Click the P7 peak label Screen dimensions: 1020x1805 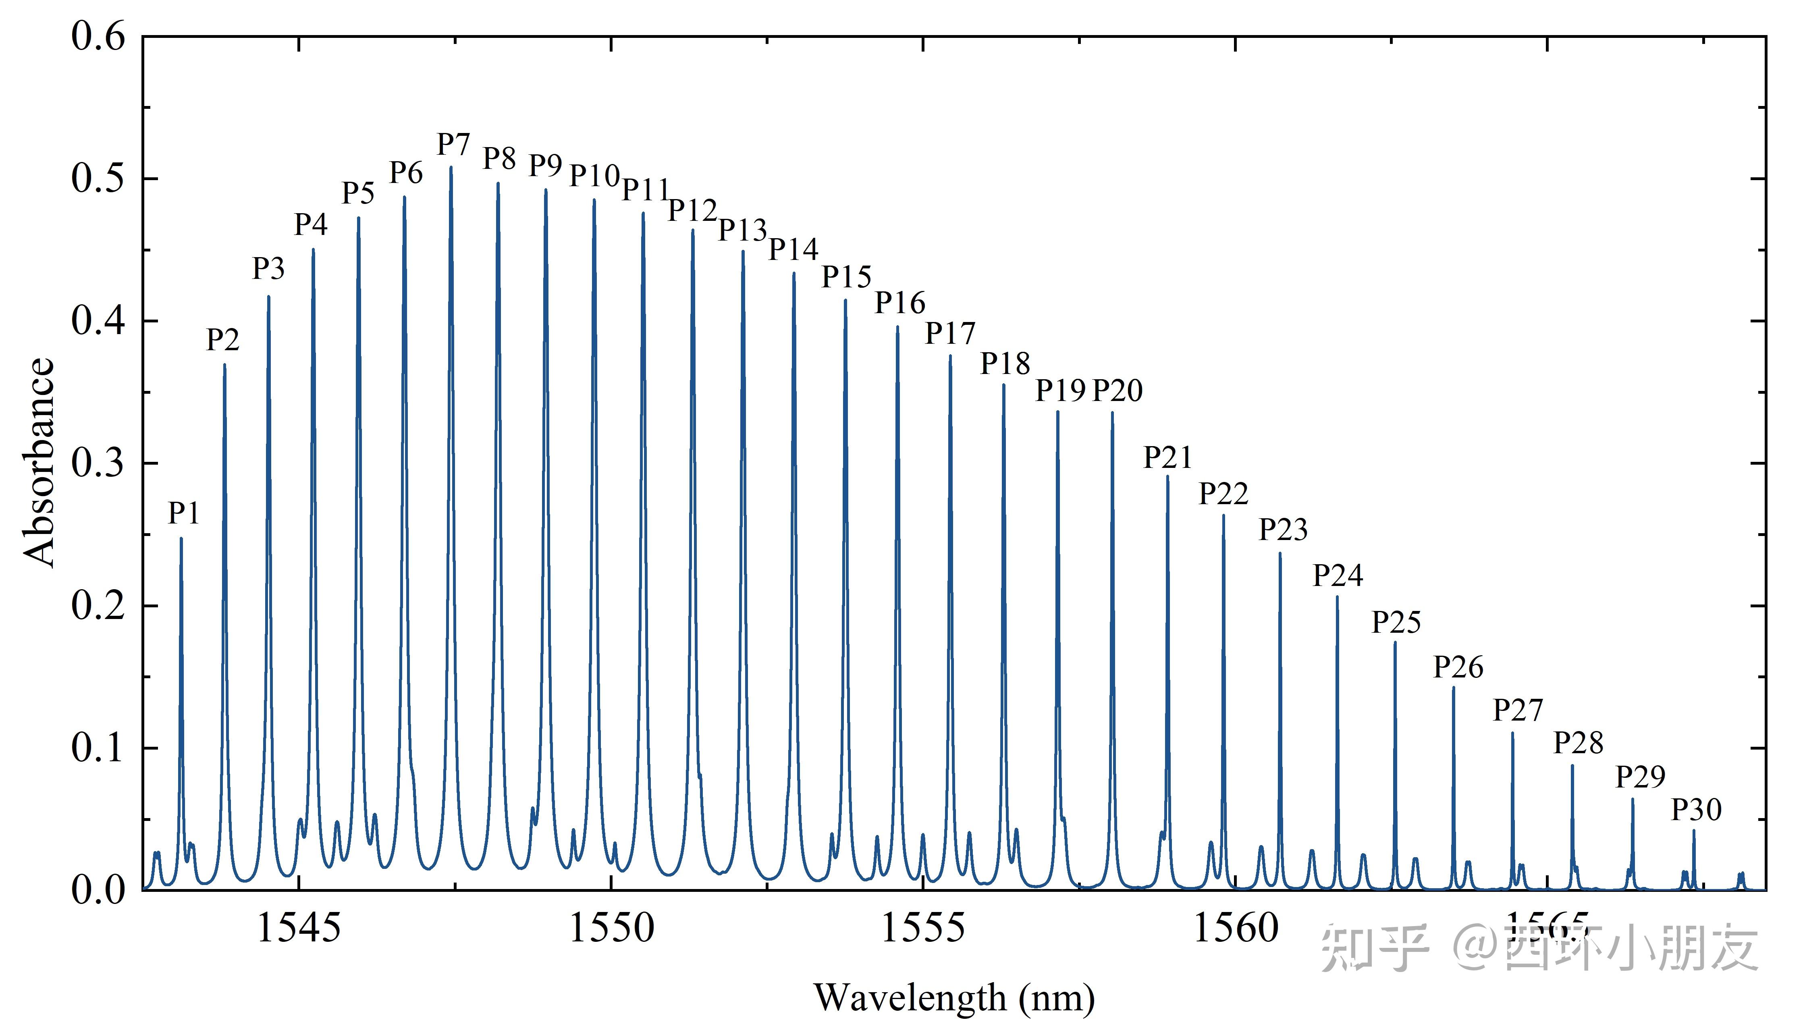(x=453, y=145)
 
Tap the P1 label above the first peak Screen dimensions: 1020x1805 (x=184, y=513)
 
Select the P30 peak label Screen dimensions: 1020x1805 (x=1696, y=810)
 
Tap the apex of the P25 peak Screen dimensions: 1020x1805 (x=1394, y=642)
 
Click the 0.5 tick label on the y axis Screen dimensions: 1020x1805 (x=98, y=179)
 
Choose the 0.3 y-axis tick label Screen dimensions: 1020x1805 (x=98, y=463)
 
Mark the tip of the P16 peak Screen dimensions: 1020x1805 (x=897, y=327)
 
